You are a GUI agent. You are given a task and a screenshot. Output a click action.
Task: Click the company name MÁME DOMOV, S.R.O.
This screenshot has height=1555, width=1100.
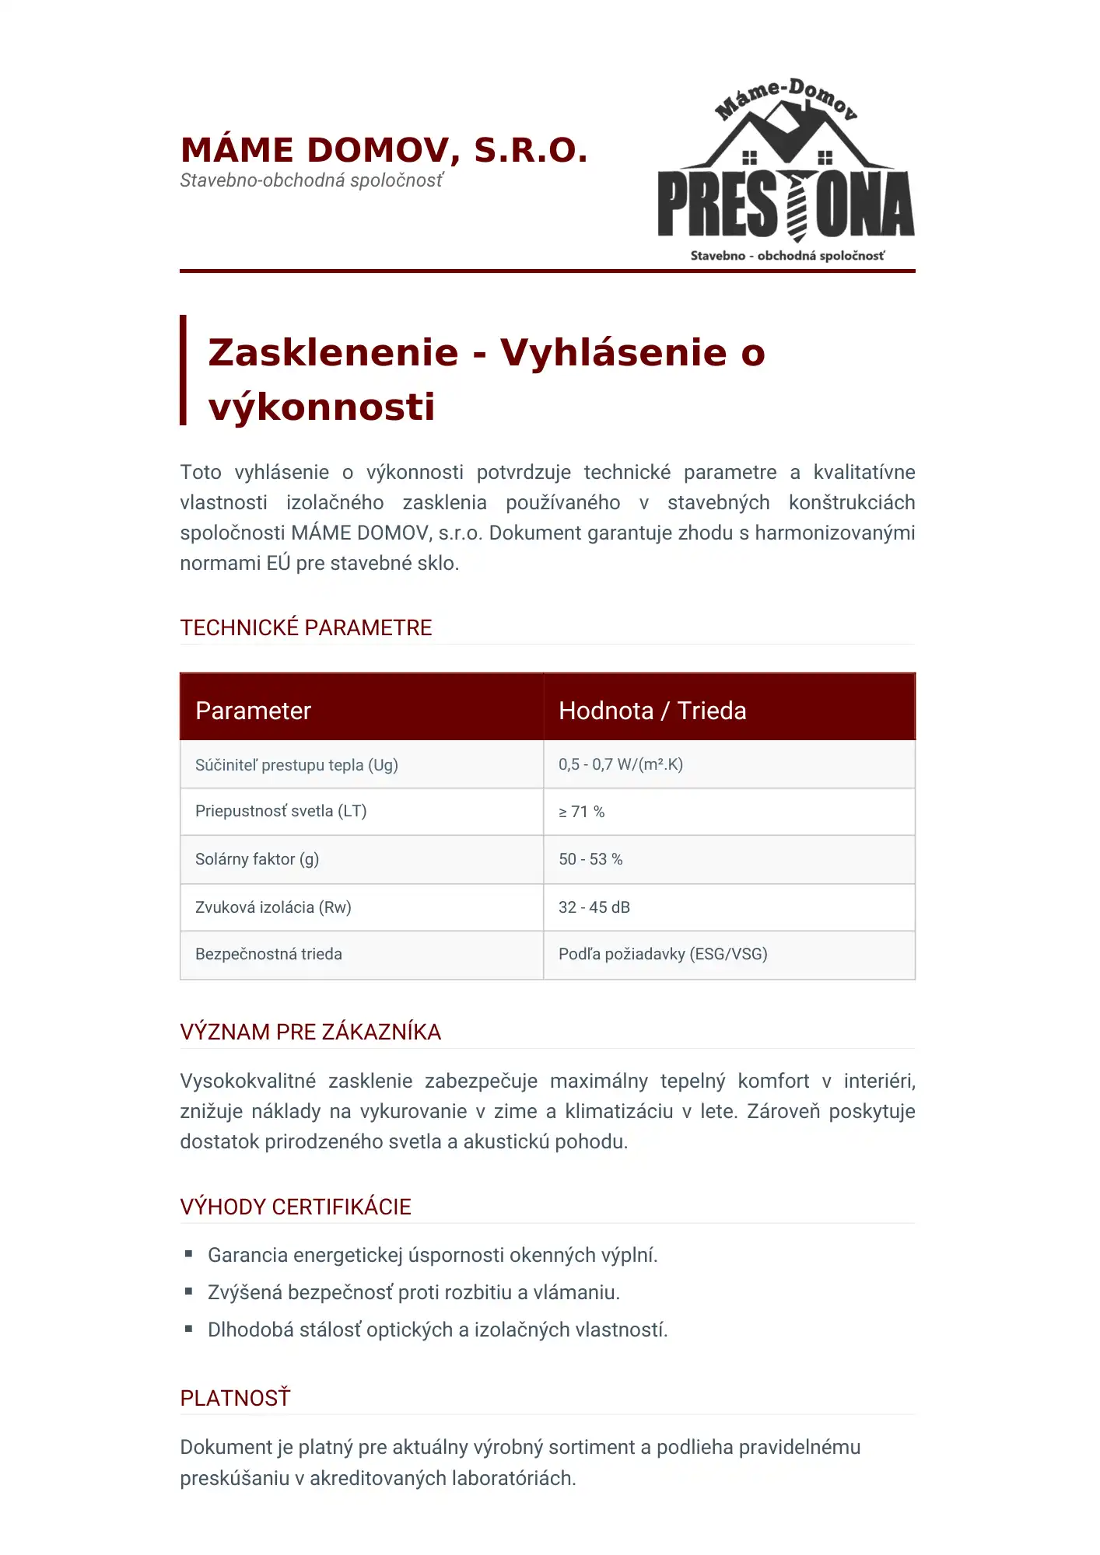click(384, 150)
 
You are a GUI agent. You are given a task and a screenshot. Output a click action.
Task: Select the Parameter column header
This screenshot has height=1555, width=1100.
click(253, 711)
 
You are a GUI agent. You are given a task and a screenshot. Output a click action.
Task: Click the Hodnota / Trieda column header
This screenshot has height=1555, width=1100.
click(652, 711)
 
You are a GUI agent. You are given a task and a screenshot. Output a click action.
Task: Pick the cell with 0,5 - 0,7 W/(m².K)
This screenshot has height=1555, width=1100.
click(620, 764)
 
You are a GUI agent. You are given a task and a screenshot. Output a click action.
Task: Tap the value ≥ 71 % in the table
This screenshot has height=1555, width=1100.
click(581, 812)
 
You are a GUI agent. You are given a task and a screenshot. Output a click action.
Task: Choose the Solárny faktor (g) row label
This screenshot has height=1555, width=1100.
click(257, 859)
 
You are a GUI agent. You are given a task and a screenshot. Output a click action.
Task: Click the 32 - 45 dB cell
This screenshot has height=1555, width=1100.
click(594, 907)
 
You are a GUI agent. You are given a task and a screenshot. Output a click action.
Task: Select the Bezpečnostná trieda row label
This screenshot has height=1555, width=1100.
click(268, 954)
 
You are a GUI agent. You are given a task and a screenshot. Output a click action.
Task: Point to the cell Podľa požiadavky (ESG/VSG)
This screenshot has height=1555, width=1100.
click(663, 954)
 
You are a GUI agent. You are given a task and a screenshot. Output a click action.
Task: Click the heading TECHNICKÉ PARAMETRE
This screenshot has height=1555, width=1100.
click(306, 627)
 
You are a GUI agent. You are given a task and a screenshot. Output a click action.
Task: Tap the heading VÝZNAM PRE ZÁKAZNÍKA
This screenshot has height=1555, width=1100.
click(310, 1032)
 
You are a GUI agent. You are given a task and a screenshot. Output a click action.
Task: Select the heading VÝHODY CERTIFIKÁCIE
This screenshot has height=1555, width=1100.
click(296, 1207)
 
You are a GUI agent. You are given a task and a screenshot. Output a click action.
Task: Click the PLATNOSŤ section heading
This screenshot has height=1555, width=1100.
click(235, 1398)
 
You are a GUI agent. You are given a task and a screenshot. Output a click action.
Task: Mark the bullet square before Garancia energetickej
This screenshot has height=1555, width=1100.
click(188, 1253)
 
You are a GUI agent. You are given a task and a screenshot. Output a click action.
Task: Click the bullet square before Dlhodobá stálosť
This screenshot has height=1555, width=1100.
click(188, 1328)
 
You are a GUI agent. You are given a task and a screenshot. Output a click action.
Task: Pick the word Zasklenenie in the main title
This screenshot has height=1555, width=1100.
click(334, 352)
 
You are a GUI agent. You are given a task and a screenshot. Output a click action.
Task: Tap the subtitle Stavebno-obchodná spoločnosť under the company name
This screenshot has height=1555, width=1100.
click(311, 180)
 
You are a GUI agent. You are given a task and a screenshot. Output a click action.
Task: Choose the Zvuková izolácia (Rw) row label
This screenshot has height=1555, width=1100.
click(273, 907)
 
